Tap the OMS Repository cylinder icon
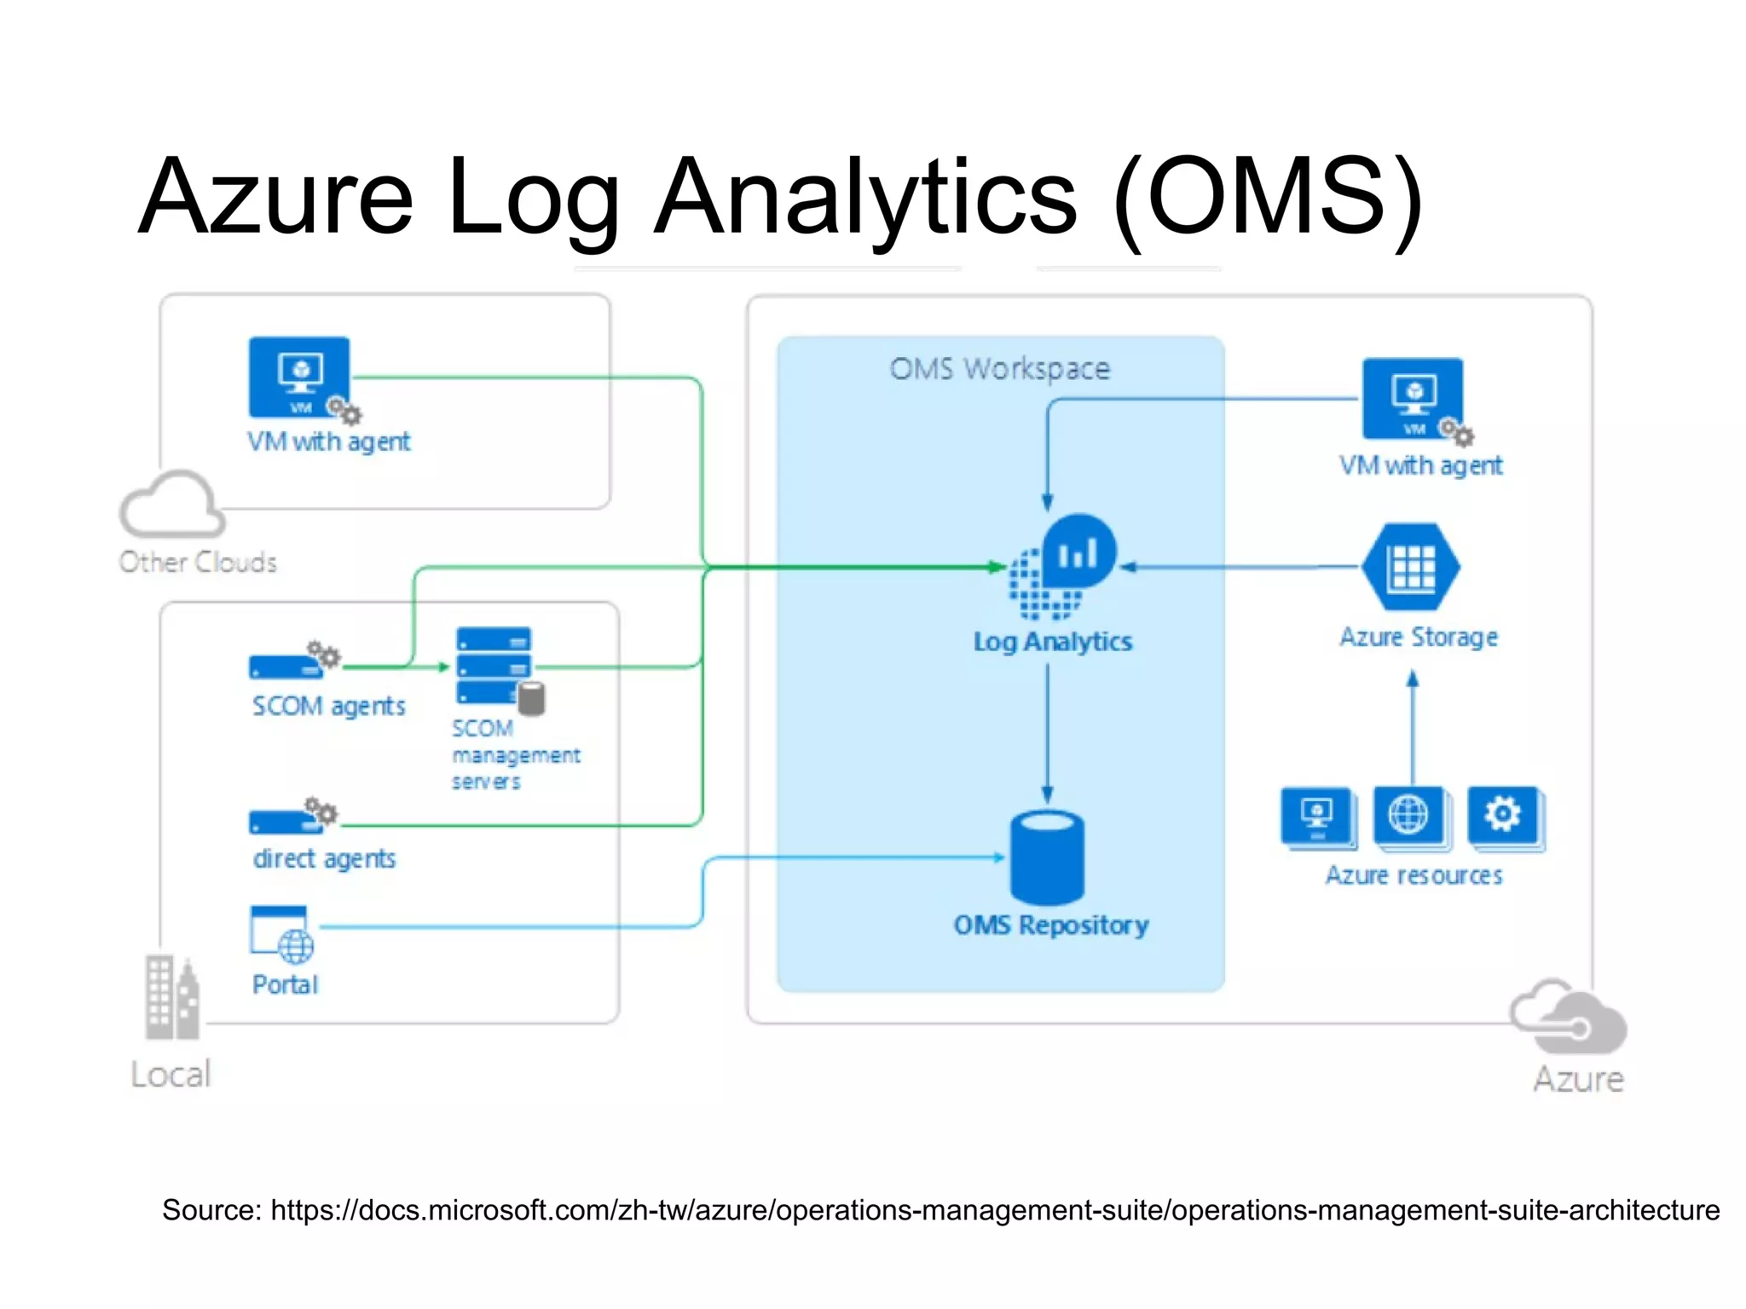click(1047, 857)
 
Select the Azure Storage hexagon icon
click(1411, 567)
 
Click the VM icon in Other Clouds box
click(299, 377)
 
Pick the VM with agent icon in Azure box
click(1413, 398)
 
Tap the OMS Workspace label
click(999, 369)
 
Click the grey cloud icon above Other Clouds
click(173, 505)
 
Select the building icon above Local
click(171, 997)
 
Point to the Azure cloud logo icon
click(1570, 1017)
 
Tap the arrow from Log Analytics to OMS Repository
click(1047, 733)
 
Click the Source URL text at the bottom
click(940, 1210)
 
